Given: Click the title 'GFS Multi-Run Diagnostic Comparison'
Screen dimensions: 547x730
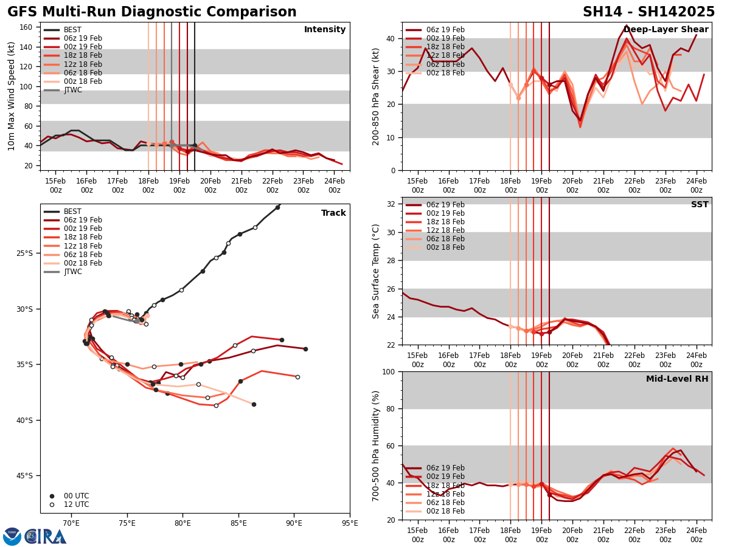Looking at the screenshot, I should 152,12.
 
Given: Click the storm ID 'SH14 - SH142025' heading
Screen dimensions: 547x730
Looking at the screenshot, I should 648,12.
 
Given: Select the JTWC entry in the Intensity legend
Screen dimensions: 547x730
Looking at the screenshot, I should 72,90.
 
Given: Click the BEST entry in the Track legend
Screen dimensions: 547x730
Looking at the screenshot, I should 72,212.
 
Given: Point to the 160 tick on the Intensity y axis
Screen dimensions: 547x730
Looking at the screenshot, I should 28,27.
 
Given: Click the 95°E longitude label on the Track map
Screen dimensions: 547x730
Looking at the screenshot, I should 350,523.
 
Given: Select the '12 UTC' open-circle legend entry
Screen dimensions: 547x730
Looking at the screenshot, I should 76,504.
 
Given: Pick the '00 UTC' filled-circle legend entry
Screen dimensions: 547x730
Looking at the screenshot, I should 76,496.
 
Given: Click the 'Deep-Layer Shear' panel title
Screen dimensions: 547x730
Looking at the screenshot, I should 666,30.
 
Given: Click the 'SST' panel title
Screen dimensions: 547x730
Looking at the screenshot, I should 700,205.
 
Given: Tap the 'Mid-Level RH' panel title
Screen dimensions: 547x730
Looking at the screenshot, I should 677,379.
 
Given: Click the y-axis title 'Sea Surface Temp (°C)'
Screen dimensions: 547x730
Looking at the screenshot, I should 376,271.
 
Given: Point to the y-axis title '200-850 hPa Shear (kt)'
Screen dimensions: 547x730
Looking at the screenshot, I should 376,96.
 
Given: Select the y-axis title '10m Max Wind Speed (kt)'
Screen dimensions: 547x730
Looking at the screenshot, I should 12,96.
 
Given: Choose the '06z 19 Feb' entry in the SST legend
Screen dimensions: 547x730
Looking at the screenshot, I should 445,205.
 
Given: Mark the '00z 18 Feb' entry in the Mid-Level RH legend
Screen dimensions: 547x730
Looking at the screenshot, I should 445,511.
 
